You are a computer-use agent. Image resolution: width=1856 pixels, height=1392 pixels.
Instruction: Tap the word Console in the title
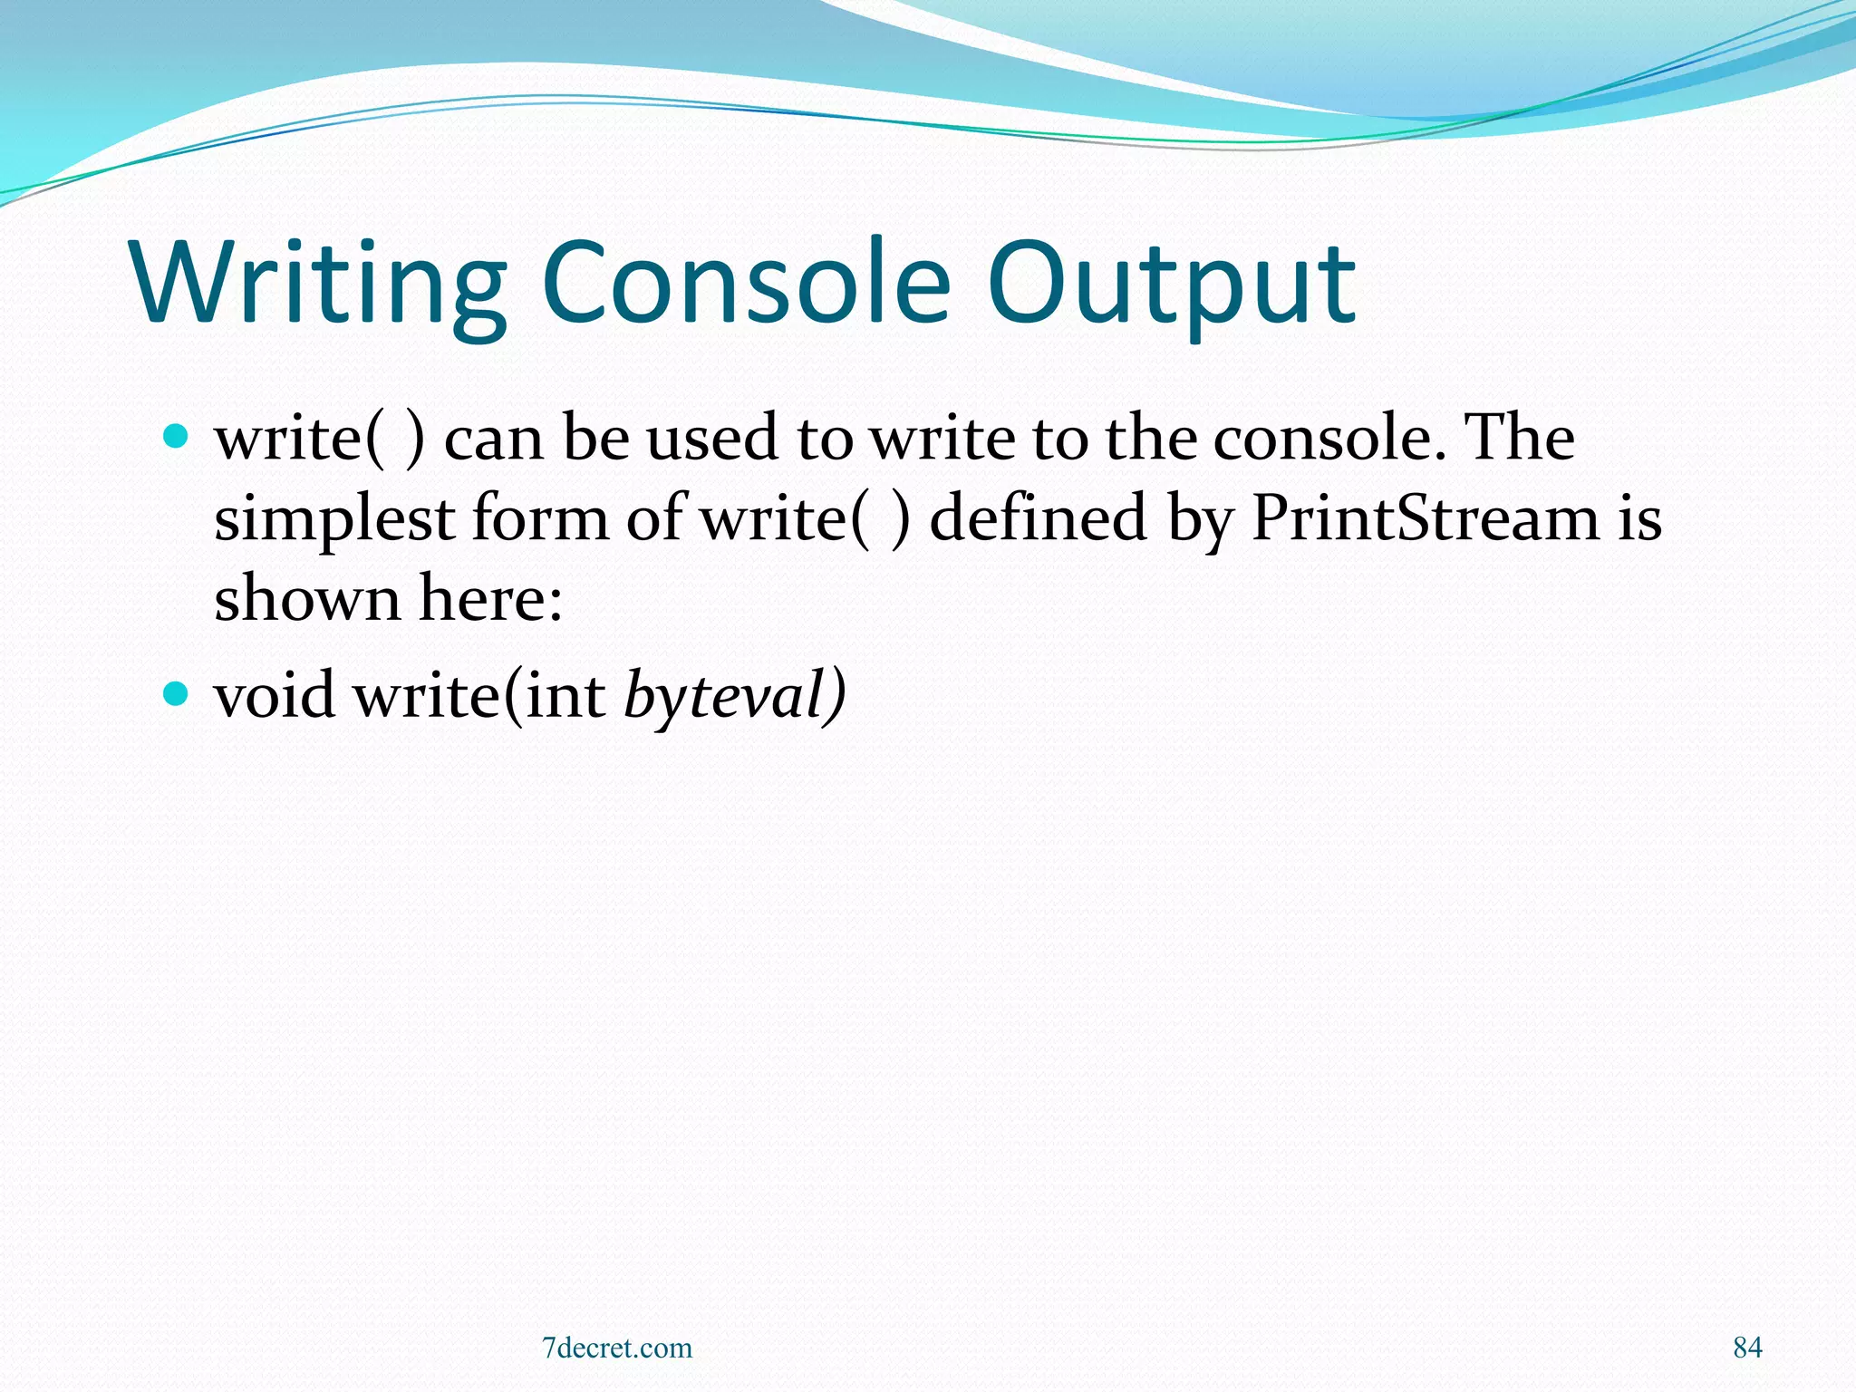tap(746, 283)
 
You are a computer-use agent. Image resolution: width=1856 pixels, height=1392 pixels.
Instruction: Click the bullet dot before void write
tap(175, 695)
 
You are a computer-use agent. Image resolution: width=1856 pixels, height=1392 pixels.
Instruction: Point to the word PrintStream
tap(1425, 518)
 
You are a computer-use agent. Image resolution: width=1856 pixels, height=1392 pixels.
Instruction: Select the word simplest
tap(334, 520)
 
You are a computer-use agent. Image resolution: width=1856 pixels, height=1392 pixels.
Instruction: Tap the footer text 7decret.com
tap(617, 1348)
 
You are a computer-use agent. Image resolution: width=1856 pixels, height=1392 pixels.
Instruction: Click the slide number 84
tap(1747, 1348)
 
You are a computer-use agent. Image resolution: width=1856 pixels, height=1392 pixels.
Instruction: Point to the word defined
tap(1038, 518)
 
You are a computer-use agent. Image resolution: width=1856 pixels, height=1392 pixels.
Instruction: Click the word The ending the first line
tap(1520, 439)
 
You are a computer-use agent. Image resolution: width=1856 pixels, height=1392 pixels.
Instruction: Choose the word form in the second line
tap(540, 518)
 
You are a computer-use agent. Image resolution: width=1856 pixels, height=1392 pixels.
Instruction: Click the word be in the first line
tap(595, 439)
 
